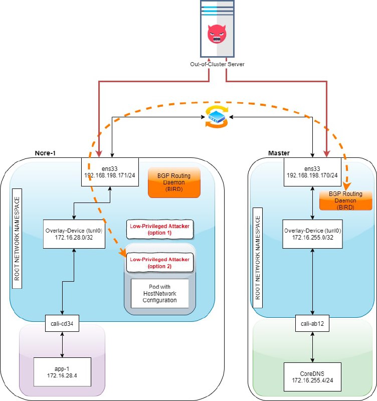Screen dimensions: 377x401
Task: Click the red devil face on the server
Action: (217, 34)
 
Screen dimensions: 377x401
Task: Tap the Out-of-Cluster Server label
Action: (217, 64)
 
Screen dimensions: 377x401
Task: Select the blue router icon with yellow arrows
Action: (217, 117)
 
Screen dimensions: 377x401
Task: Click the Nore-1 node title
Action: (45, 153)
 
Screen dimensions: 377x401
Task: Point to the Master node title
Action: (279, 153)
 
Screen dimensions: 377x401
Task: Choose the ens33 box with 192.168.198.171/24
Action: (110, 172)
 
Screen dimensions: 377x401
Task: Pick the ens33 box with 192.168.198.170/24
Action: (312, 172)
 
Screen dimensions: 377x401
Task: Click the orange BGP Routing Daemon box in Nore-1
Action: (174, 182)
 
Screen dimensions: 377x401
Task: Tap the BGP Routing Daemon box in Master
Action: (345, 200)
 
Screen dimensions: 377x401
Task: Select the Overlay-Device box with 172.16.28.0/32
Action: (74, 234)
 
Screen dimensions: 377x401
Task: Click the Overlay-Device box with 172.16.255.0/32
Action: (312, 234)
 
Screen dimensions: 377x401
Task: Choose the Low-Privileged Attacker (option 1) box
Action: (160, 230)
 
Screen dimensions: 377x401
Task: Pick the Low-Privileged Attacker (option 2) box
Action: (160, 263)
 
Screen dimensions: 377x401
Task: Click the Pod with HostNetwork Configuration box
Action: (160, 293)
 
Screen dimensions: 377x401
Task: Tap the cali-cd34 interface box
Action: (62, 323)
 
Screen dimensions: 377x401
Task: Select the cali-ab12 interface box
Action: (312, 323)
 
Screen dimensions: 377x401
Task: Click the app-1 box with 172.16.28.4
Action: (62, 372)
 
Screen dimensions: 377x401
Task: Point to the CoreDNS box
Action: (312, 377)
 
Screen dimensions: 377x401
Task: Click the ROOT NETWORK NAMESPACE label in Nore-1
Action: (17, 239)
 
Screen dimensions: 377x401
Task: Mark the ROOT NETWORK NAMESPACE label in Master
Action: (258, 258)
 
